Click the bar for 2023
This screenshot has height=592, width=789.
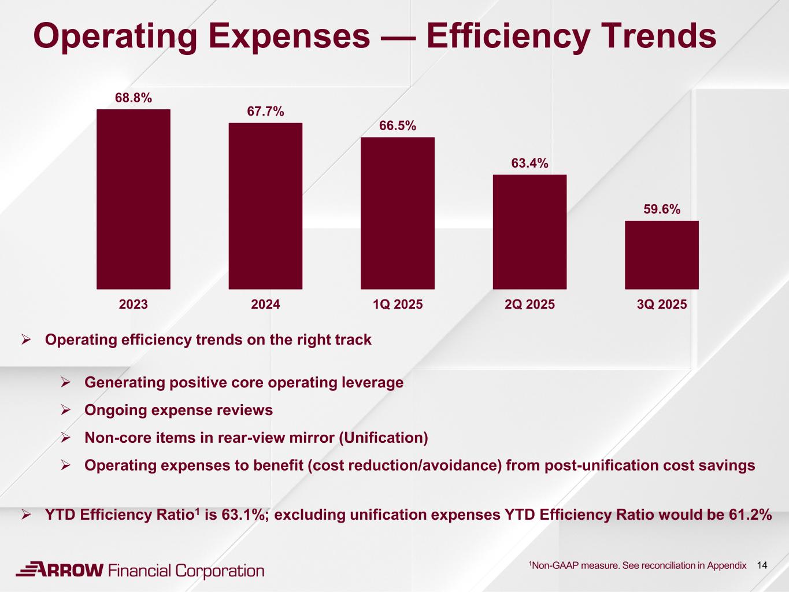133,199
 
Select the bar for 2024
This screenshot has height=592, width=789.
265,206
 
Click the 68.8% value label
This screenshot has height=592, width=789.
134,98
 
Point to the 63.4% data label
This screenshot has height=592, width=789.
529,164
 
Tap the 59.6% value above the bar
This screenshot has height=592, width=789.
662,209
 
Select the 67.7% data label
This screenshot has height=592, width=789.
265,112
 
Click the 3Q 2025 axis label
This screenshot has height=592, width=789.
662,304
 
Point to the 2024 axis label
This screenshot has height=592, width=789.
265,304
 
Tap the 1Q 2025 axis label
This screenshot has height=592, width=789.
398,304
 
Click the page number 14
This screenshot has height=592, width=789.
762,565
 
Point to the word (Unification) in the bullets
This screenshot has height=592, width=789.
383,438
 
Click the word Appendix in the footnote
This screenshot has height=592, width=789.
727,565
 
